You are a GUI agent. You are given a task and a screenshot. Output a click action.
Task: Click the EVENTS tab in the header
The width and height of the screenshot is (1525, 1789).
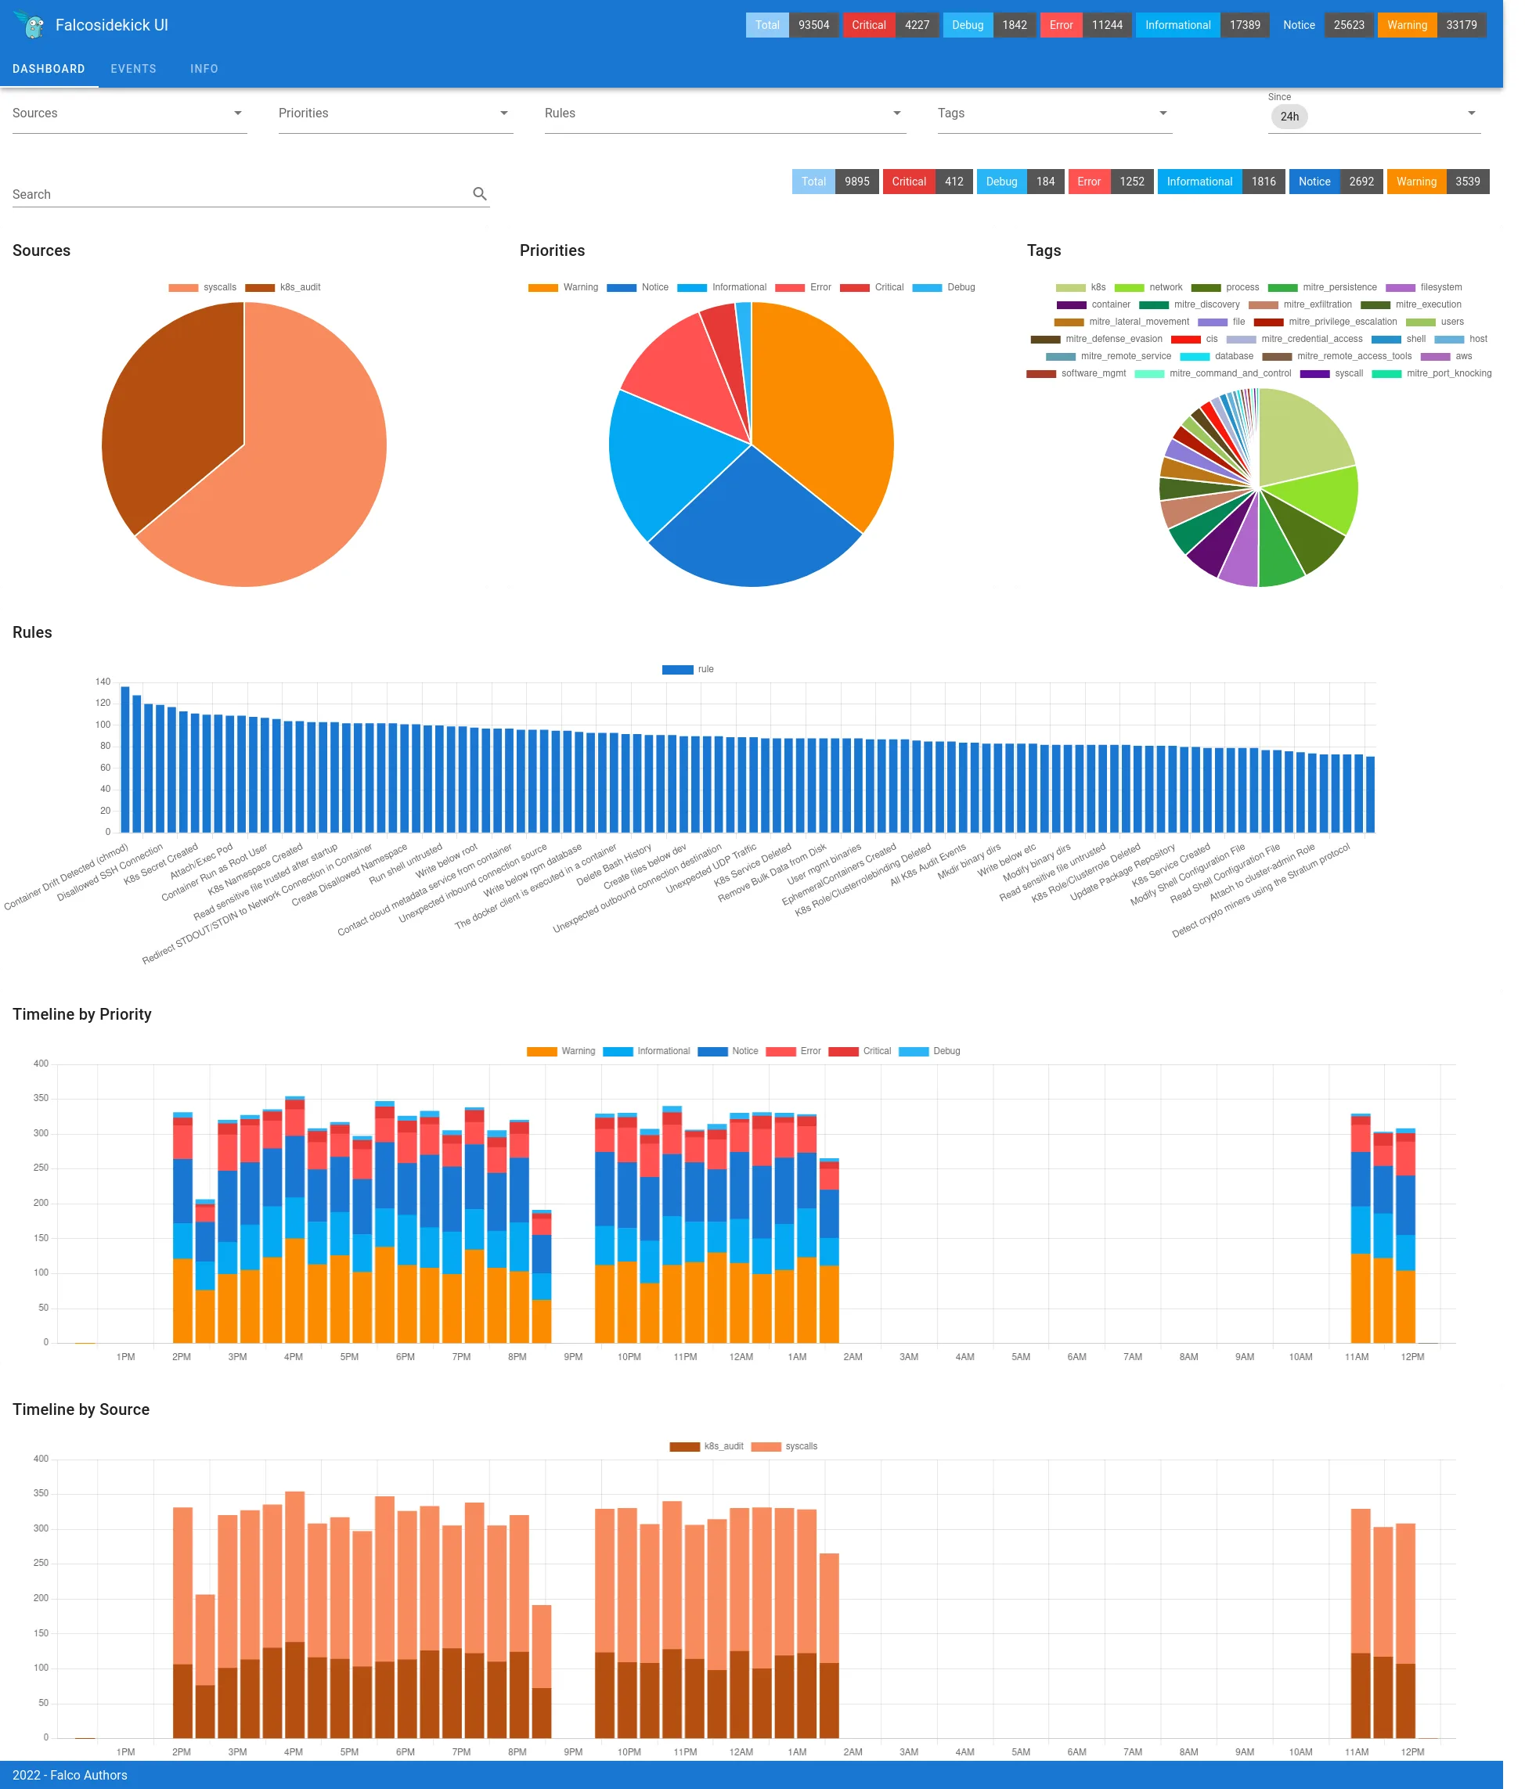pyautogui.click(x=133, y=69)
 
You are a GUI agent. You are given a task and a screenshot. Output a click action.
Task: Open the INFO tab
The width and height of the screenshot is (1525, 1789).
pyautogui.click(x=204, y=69)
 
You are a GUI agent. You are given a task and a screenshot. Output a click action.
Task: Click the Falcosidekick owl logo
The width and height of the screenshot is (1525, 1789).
pyautogui.click(x=32, y=25)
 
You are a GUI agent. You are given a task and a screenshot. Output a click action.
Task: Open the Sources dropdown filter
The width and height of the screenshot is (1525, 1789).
pyautogui.click(x=128, y=113)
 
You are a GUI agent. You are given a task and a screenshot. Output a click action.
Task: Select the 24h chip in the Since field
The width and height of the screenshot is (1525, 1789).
pyautogui.click(x=1289, y=117)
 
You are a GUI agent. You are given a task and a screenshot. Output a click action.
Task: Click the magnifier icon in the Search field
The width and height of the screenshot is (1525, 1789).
pyautogui.click(x=479, y=194)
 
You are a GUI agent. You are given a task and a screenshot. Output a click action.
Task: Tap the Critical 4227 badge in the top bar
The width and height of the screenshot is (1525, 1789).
pyautogui.click(x=889, y=25)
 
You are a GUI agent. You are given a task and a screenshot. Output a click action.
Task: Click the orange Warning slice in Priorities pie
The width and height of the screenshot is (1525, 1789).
pyautogui.click(x=820, y=406)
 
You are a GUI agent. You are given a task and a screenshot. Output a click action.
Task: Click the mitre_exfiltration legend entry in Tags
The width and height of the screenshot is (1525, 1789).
pyautogui.click(x=1300, y=304)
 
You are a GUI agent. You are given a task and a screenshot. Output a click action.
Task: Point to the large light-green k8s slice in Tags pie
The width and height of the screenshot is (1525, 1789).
pyautogui.click(x=1300, y=436)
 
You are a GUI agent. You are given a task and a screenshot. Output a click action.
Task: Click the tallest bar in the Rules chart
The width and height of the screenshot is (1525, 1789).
pyautogui.click(x=125, y=760)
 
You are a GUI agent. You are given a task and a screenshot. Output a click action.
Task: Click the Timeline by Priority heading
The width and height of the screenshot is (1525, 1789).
pyautogui.click(x=82, y=1013)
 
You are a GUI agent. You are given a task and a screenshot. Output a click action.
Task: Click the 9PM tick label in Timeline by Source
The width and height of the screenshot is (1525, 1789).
pyautogui.click(x=572, y=1752)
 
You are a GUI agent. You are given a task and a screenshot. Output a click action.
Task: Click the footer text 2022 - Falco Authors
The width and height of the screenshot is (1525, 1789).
pyautogui.click(x=70, y=1775)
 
